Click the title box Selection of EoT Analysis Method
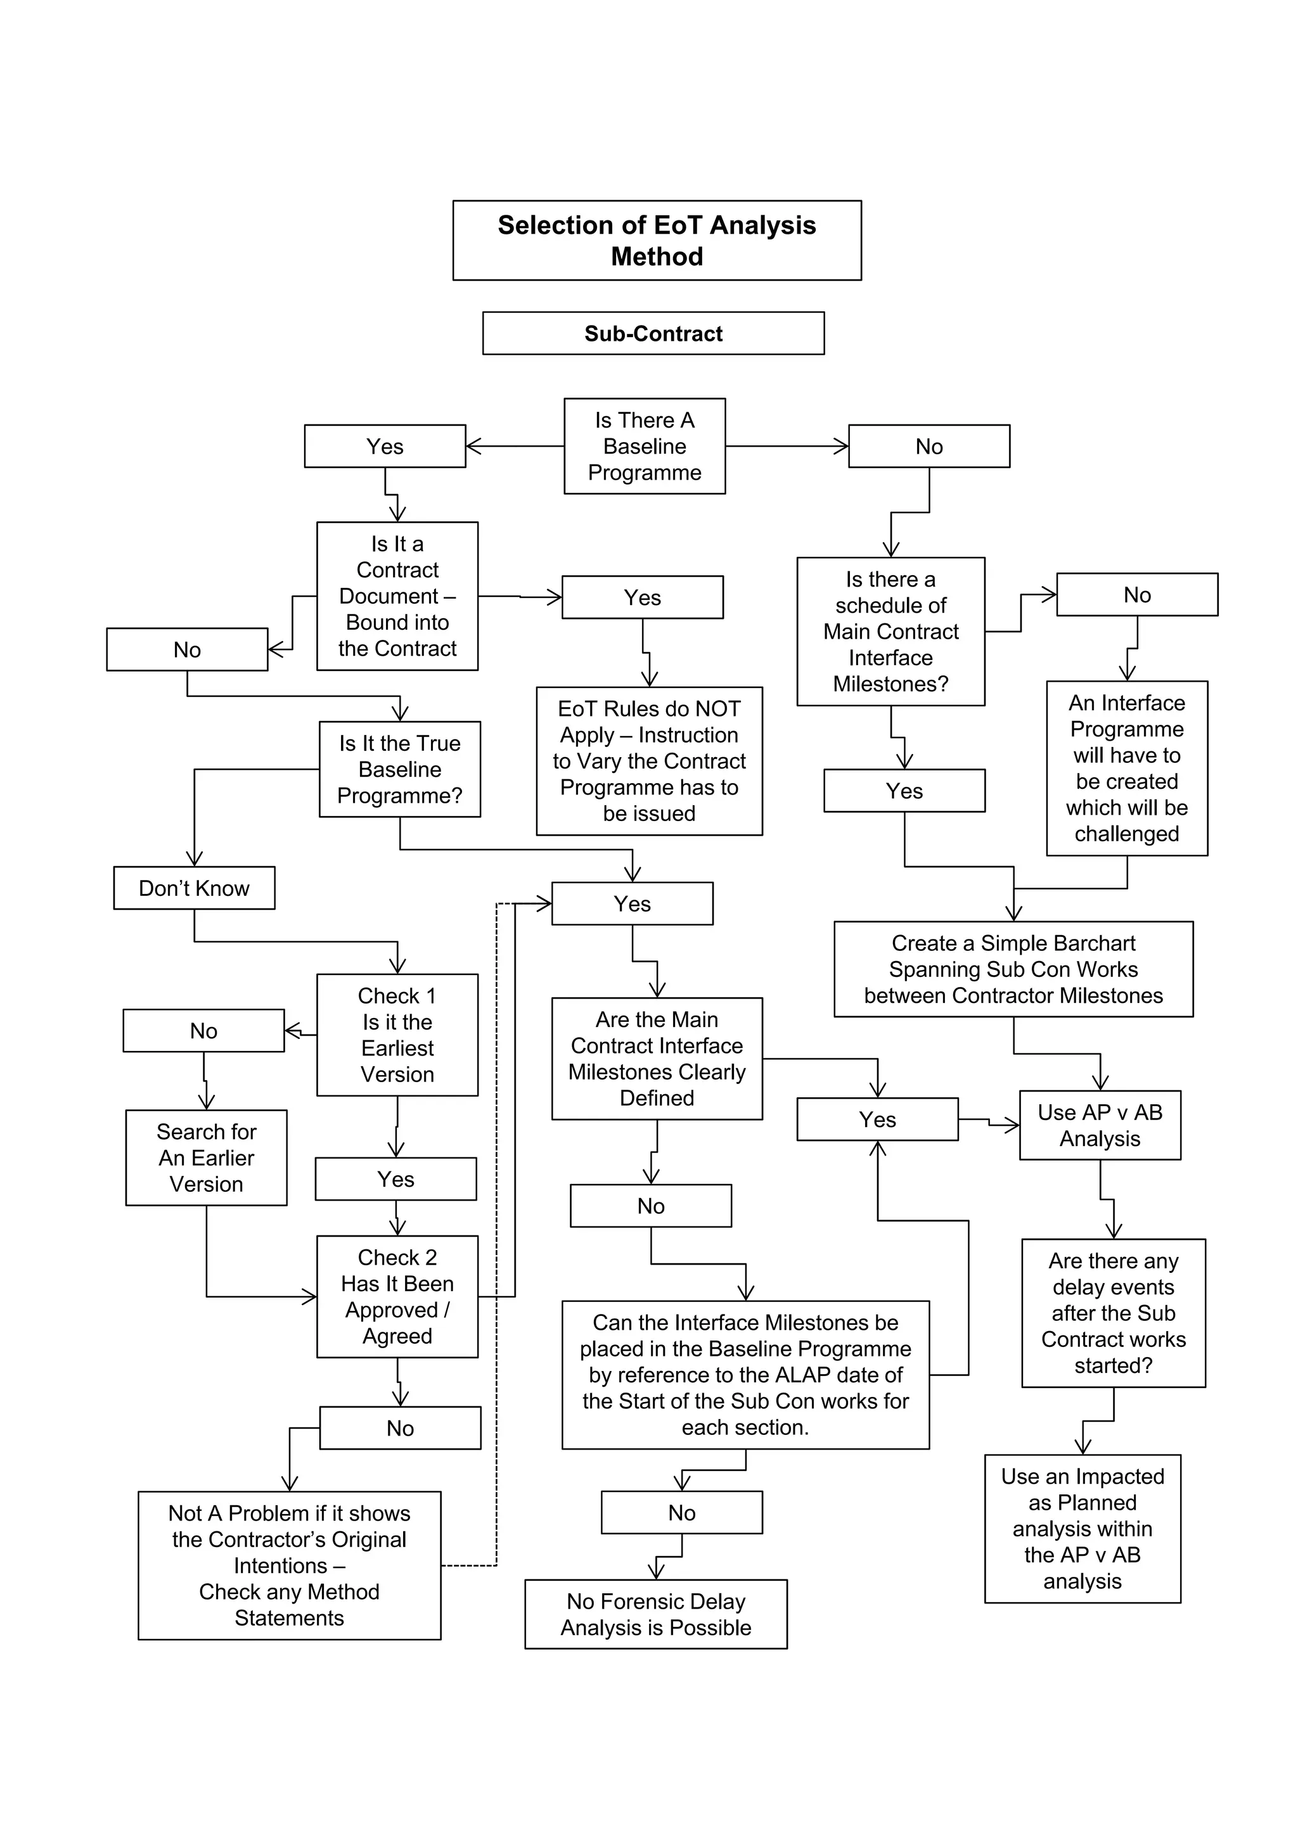657,240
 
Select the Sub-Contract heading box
653,333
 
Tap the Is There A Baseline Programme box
644,445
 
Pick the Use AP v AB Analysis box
1100,1125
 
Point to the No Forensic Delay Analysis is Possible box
656,1614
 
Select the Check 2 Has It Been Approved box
397,1296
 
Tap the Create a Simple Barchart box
1013,969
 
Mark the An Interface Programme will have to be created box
1126,768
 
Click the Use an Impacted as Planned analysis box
1082,1528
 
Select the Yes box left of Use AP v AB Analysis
877,1119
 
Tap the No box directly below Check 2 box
400,1427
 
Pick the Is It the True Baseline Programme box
399,768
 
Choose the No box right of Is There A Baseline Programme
929,446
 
